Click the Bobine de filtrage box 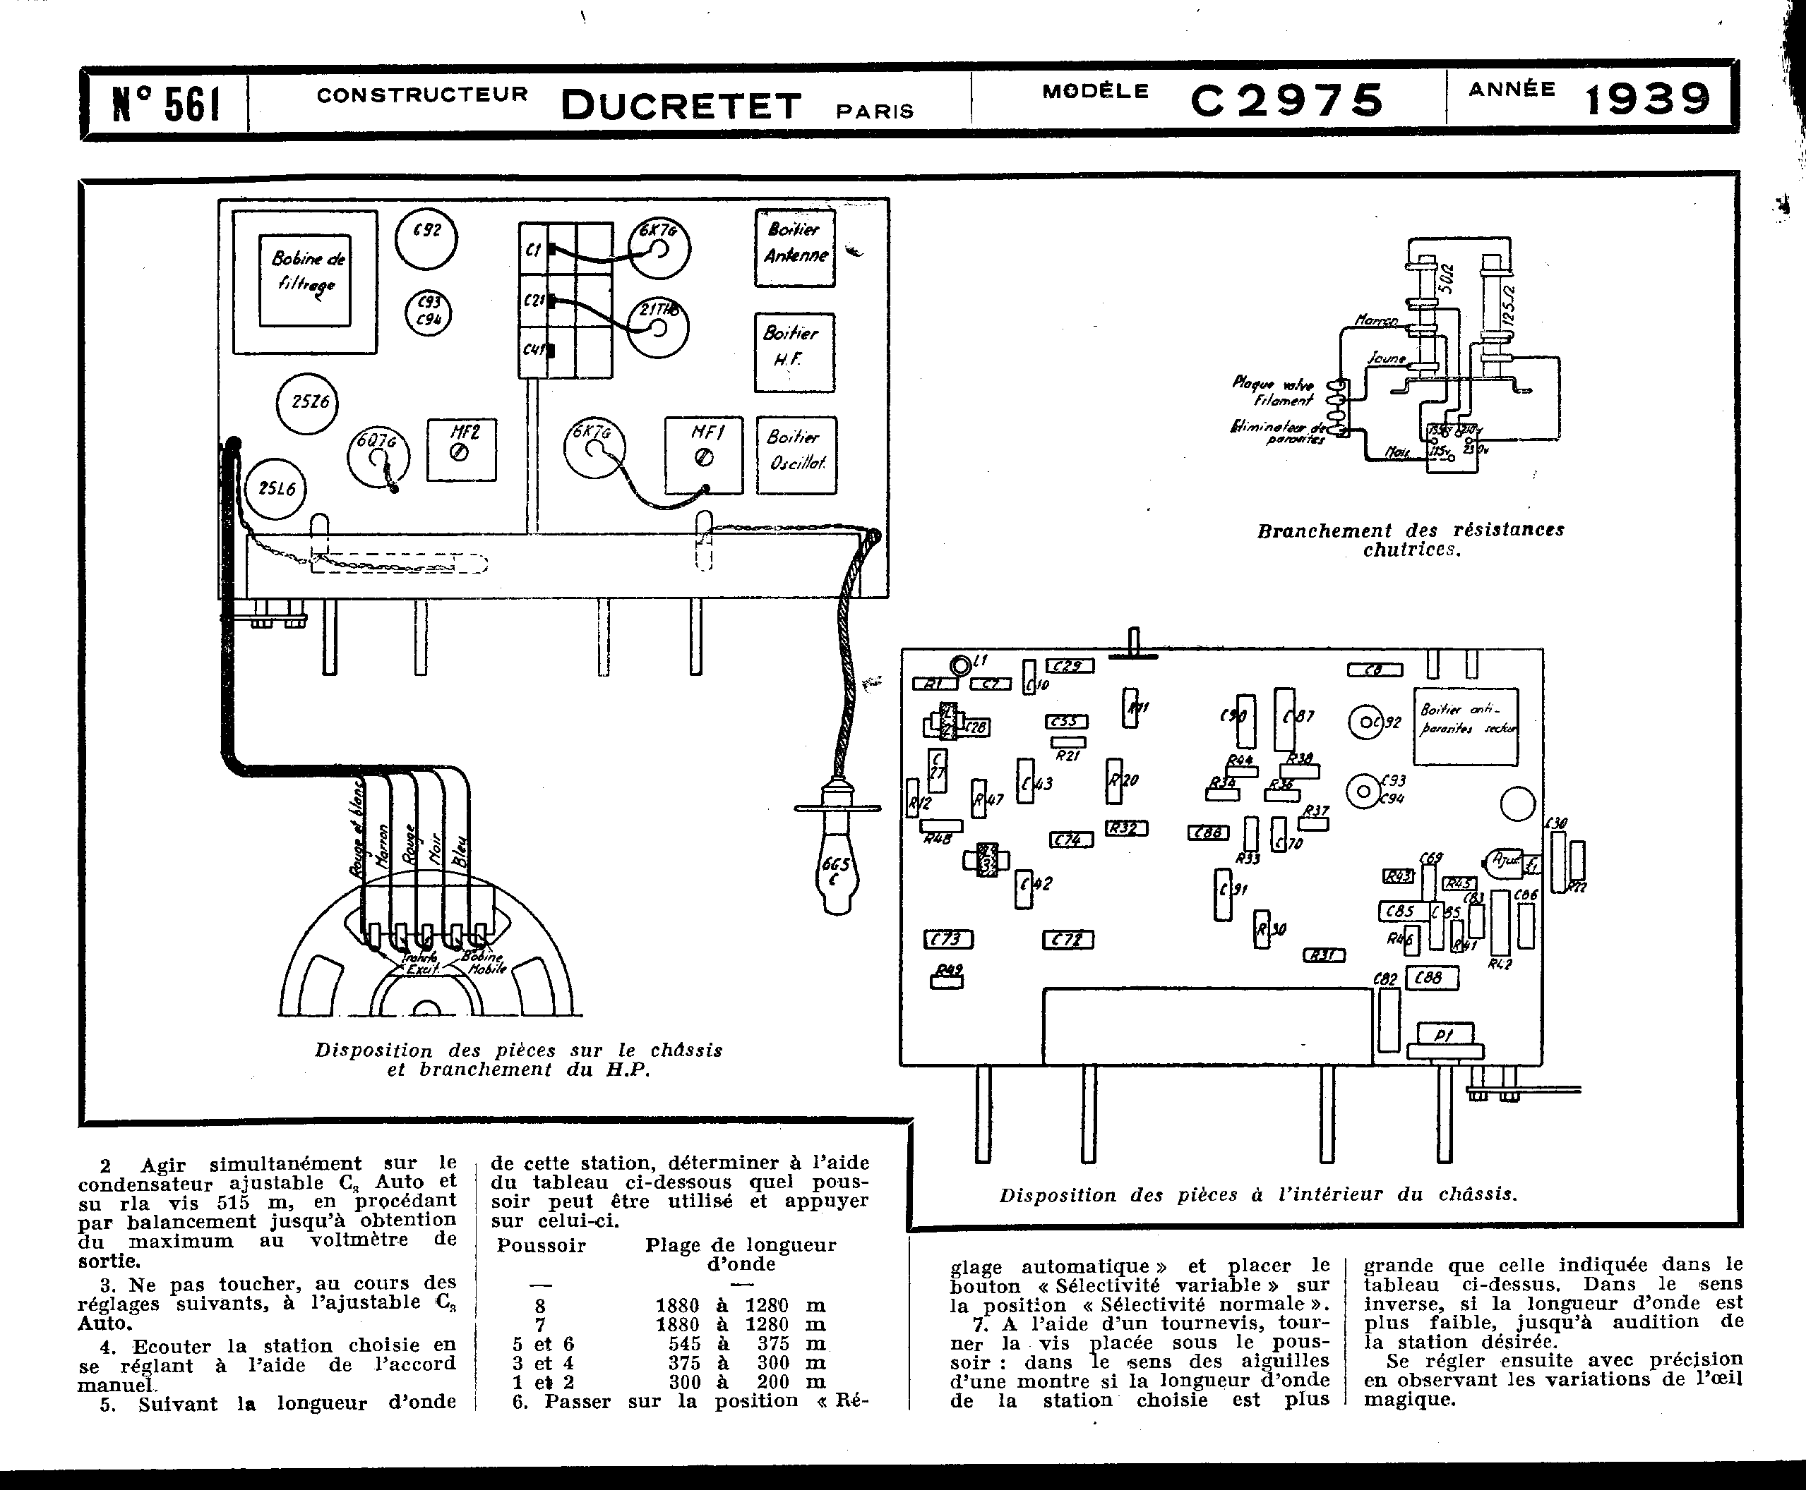pyautogui.click(x=305, y=281)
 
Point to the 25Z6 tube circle pyautogui.click(x=307, y=403)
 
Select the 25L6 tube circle pyautogui.click(x=275, y=488)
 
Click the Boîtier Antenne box pyautogui.click(x=795, y=248)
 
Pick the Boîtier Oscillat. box pyautogui.click(x=796, y=455)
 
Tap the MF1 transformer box pyautogui.click(x=703, y=455)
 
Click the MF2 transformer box pyautogui.click(x=462, y=449)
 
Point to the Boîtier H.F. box pyautogui.click(x=794, y=352)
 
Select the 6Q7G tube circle pyautogui.click(x=378, y=456)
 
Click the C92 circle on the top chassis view pyautogui.click(x=426, y=238)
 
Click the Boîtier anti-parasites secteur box pyautogui.click(x=1465, y=726)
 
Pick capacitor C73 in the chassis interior pyautogui.click(x=948, y=939)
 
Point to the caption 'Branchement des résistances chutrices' pyautogui.click(x=1410, y=540)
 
